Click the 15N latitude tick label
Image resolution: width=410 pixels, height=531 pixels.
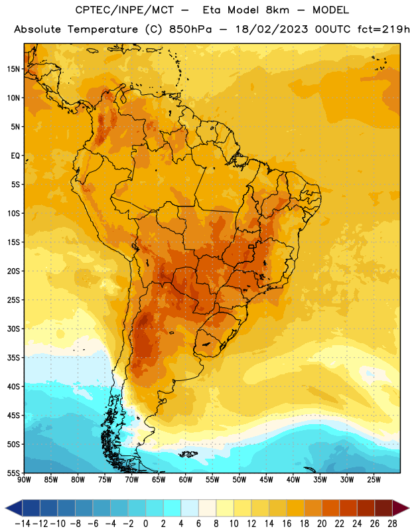point(13,69)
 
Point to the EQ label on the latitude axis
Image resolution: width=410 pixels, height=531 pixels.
point(15,156)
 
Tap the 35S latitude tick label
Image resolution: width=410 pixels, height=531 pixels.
point(13,358)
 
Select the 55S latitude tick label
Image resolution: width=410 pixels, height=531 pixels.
point(13,473)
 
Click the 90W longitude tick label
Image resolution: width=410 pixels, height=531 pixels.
point(24,480)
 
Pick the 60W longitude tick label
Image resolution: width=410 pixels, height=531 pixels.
point(186,480)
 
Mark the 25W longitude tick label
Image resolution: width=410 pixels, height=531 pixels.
point(374,480)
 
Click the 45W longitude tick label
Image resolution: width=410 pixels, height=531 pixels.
point(266,480)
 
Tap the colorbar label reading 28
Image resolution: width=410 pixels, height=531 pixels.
point(392,524)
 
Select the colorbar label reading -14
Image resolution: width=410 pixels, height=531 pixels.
point(23,524)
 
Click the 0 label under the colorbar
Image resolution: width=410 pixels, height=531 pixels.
point(145,524)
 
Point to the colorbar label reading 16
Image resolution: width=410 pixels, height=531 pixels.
point(287,524)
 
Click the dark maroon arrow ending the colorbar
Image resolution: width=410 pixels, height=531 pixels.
point(400,508)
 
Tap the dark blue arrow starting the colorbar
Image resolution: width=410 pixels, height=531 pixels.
point(14,508)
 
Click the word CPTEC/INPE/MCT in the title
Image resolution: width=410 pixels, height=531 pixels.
point(125,10)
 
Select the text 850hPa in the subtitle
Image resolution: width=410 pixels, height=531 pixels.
point(190,29)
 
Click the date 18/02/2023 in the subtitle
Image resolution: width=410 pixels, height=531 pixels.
point(271,29)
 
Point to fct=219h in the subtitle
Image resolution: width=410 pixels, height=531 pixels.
point(383,29)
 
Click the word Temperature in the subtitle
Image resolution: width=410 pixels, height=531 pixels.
point(103,30)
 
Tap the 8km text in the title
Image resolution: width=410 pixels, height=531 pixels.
point(277,10)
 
